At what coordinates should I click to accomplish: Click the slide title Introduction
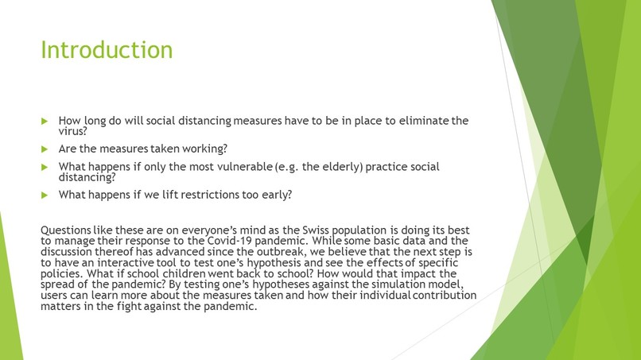(x=107, y=49)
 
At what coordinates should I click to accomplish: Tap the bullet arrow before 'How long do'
(x=45, y=122)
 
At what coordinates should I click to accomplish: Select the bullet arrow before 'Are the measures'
(x=45, y=149)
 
